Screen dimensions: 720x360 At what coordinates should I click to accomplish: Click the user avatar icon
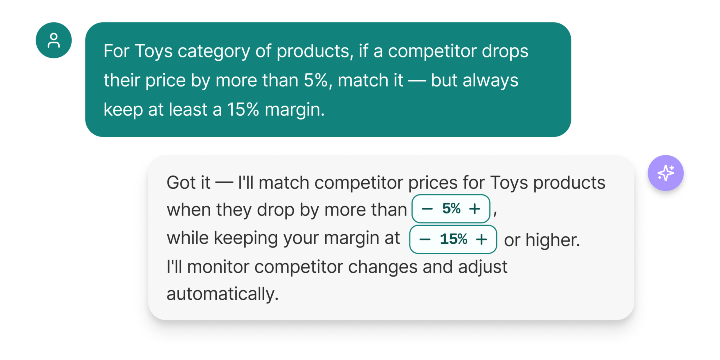point(54,40)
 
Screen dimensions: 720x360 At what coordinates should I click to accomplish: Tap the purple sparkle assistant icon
point(665,173)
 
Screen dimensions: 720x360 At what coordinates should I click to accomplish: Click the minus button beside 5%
point(427,209)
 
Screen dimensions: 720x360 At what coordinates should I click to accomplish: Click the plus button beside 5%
point(475,209)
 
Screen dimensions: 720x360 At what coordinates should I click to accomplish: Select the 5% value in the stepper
point(451,209)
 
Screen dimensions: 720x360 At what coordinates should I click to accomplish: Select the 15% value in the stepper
point(453,239)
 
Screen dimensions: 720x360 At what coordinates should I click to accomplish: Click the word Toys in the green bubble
point(154,52)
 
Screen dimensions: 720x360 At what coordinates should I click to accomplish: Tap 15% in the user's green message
point(243,110)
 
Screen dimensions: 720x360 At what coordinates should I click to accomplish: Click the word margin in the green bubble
point(294,110)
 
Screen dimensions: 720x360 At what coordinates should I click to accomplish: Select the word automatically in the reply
point(222,294)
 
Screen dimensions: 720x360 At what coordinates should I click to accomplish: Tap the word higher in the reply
point(552,240)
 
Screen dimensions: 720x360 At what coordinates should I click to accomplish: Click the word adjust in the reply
point(483,268)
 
